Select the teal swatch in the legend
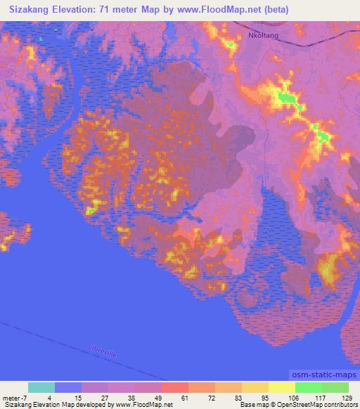point(41,387)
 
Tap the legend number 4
point(49,398)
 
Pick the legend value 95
point(255,398)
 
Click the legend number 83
point(228,398)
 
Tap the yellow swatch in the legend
point(281,387)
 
